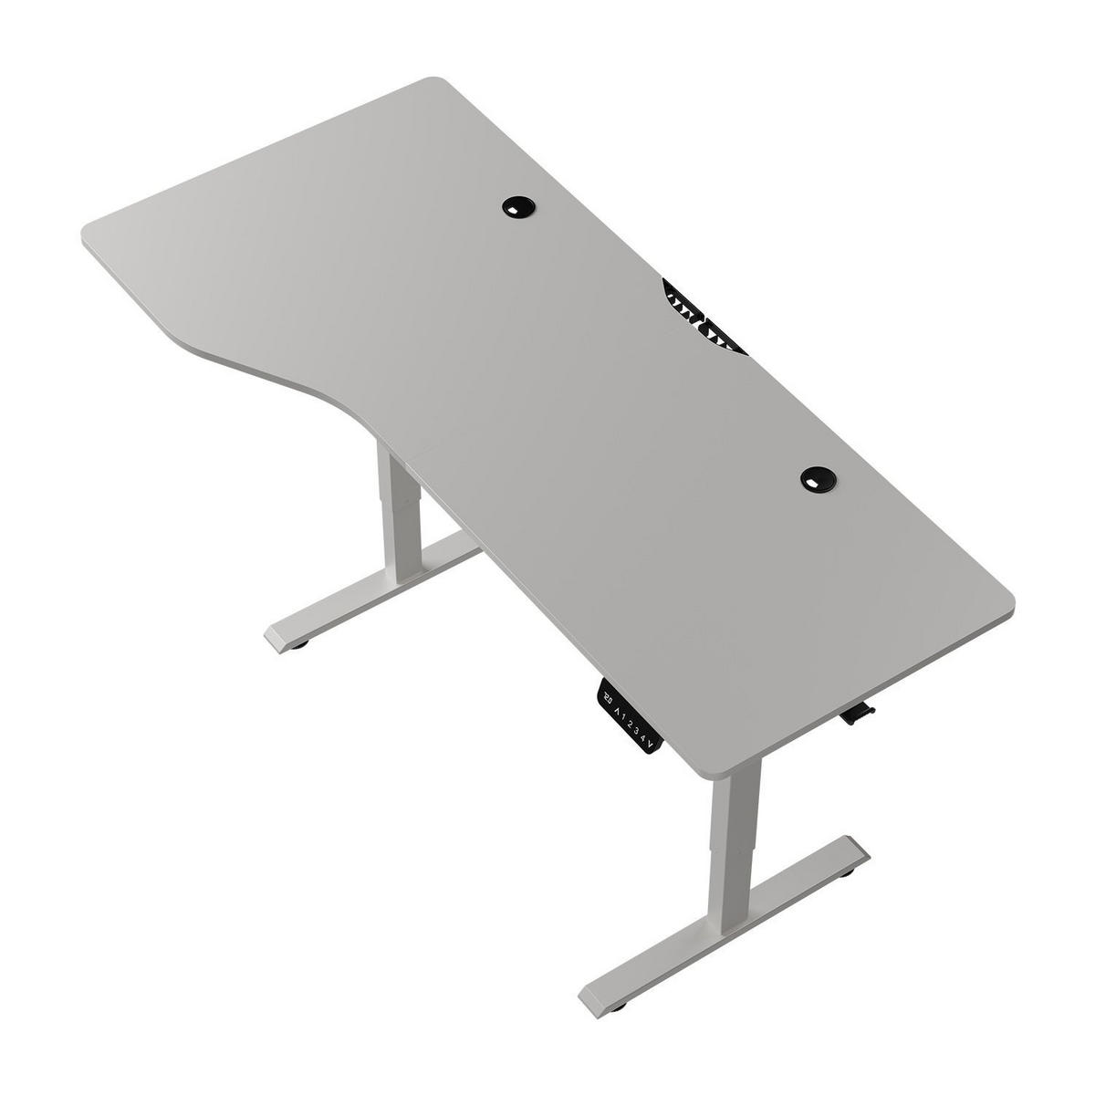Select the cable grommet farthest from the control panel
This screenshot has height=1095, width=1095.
(x=518, y=207)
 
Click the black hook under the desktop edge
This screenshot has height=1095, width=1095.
(x=855, y=714)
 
